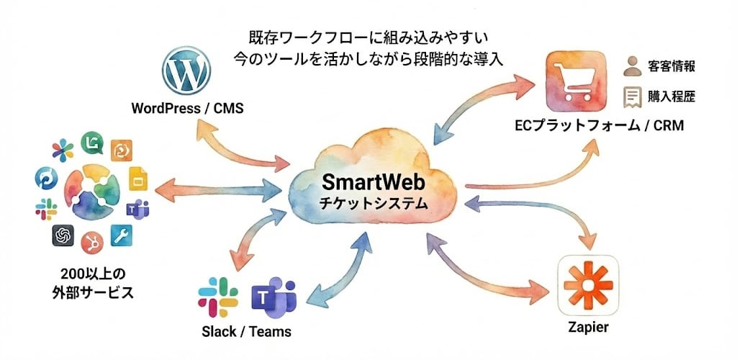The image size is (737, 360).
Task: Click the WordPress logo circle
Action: pyautogui.click(x=186, y=71)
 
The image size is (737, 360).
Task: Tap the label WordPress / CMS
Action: pyautogui.click(x=187, y=109)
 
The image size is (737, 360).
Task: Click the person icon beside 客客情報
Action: pyautogui.click(x=632, y=66)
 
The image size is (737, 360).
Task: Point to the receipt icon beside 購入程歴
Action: pyautogui.click(x=633, y=96)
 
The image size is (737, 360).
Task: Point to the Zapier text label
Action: pyautogui.click(x=588, y=328)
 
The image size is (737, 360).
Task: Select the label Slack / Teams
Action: pyautogui.click(x=247, y=332)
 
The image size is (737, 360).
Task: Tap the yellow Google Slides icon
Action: pyautogui.click(x=137, y=179)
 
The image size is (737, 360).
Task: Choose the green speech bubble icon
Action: pyautogui.click(x=91, y=142)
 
